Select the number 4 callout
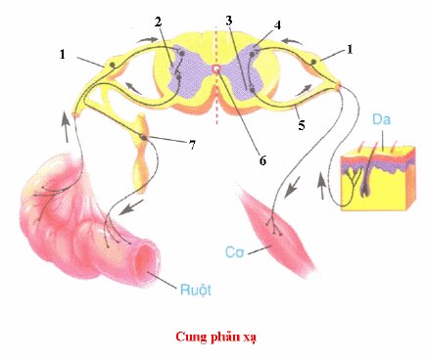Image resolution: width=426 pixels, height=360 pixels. pos(251,26)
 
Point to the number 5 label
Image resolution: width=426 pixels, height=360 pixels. pos(302,125)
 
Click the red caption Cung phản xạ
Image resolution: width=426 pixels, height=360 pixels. pos(212,335)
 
